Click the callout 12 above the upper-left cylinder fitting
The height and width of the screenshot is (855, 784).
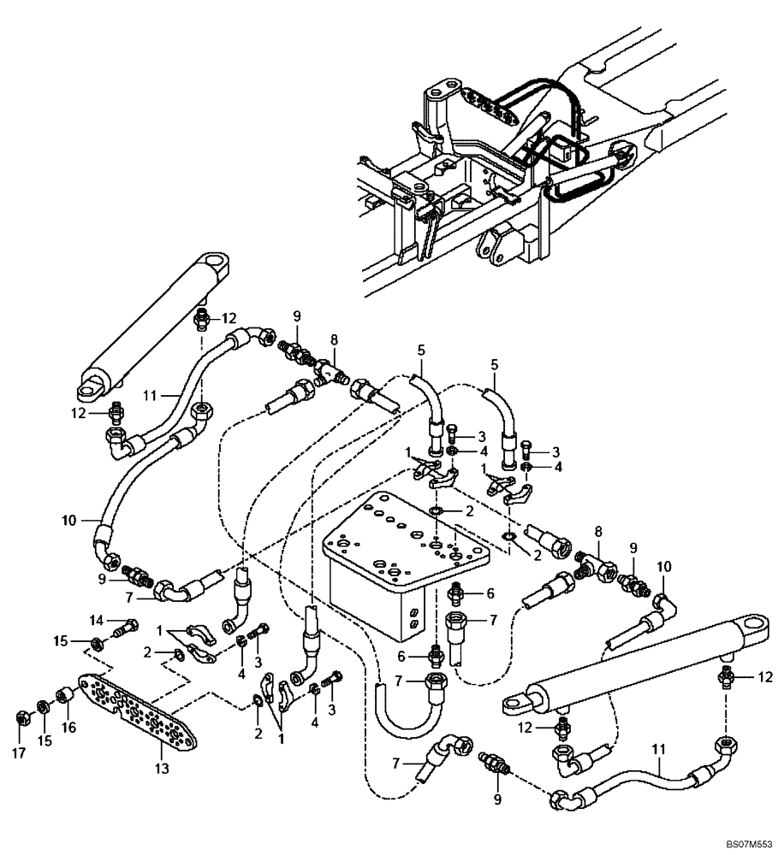[228, 318]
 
